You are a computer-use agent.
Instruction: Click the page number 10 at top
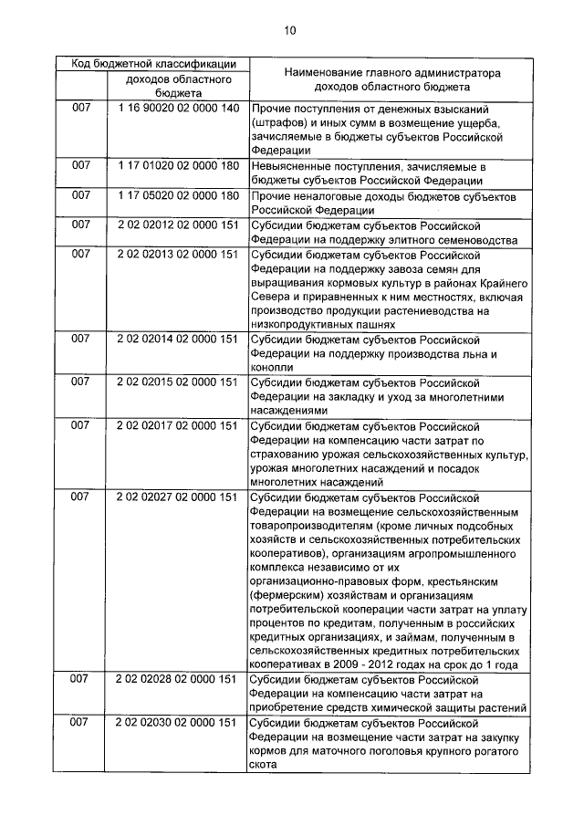coord(289,31)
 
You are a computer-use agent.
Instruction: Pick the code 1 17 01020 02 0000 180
coord(178,166)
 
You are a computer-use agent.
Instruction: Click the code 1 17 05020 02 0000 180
coord(178,195)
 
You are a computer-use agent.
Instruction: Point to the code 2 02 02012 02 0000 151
coord(178,225)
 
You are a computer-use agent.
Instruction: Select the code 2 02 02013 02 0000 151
coord(178,254)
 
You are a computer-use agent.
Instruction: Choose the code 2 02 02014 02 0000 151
coord(178,339)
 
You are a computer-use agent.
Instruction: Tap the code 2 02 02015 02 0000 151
coord(178,382)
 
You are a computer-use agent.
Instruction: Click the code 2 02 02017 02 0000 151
coord(178,424)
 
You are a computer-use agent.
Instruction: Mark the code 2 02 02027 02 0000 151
coord(178,497)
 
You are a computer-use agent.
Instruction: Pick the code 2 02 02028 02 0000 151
coord(178,679)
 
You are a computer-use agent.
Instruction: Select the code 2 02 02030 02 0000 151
coord(178,722)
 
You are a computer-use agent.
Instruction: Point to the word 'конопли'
coord(275,367)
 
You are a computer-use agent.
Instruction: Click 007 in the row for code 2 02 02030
coord(81,722)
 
